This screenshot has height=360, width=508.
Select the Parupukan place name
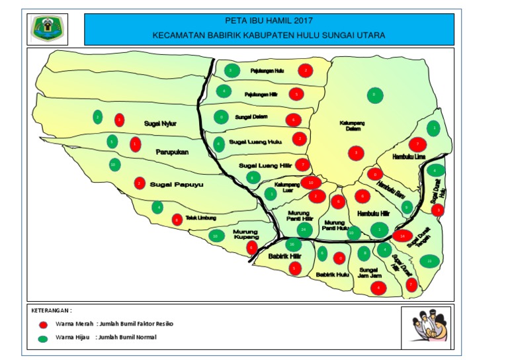pos(173,152)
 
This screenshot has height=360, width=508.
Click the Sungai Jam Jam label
pos(368,273)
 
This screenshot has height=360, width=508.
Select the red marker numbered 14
pos(403,236)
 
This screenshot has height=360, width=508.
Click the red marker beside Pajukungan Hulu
pos(305,70)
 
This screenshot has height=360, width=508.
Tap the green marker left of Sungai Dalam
pos(220,118)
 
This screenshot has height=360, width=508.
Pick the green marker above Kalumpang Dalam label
pos(374,95)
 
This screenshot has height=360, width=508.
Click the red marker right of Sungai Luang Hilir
pos(302,165)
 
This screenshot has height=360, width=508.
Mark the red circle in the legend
pos(44,324)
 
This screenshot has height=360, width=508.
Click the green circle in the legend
pos(44,339)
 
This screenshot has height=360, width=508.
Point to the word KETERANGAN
pos(52,310)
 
